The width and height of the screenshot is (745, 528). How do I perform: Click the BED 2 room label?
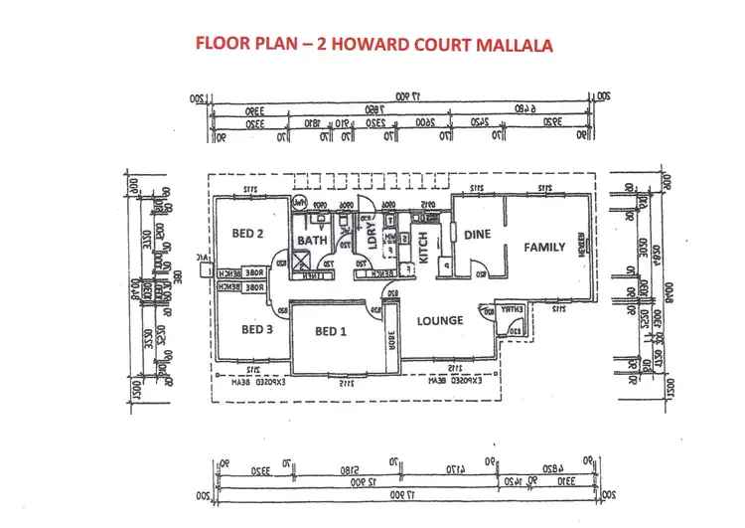246,235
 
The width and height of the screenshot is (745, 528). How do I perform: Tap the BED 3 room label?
256,329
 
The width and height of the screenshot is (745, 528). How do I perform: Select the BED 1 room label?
330,331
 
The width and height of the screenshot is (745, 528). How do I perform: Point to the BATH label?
312,241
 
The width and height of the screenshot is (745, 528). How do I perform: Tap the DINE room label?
478,235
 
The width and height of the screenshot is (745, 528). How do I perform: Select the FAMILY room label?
544,247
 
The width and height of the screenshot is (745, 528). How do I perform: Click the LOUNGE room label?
440,320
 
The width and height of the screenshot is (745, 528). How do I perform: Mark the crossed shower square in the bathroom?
306,263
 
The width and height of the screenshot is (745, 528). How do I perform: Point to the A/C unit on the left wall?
205,264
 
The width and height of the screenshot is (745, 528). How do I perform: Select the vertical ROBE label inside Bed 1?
390,339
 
